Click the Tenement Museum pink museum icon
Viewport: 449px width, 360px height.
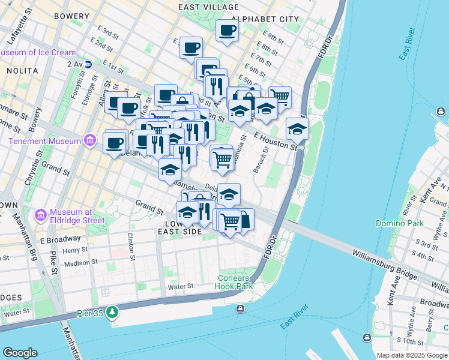tap(90, 141)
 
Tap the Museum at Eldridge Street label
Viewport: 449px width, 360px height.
tap(77, 216)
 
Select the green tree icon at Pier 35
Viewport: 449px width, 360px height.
tap(112, 312)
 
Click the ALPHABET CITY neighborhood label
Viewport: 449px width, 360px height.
tap(265, 19)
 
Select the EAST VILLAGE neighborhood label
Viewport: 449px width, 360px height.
tap(202, 7)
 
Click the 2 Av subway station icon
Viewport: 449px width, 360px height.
tap(88, 64)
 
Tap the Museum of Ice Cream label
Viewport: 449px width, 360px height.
tap(38, 52)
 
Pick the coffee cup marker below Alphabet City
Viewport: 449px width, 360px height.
tap(227, 30)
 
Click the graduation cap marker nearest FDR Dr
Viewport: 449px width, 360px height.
tap(297, 128)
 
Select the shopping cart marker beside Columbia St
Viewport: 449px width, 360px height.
tap(223, 159)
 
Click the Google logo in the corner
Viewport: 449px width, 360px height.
tap(20, 353)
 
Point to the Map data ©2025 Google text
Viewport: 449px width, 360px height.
tap(411, 355)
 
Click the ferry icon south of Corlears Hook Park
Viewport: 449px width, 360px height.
tap(240, 308)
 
